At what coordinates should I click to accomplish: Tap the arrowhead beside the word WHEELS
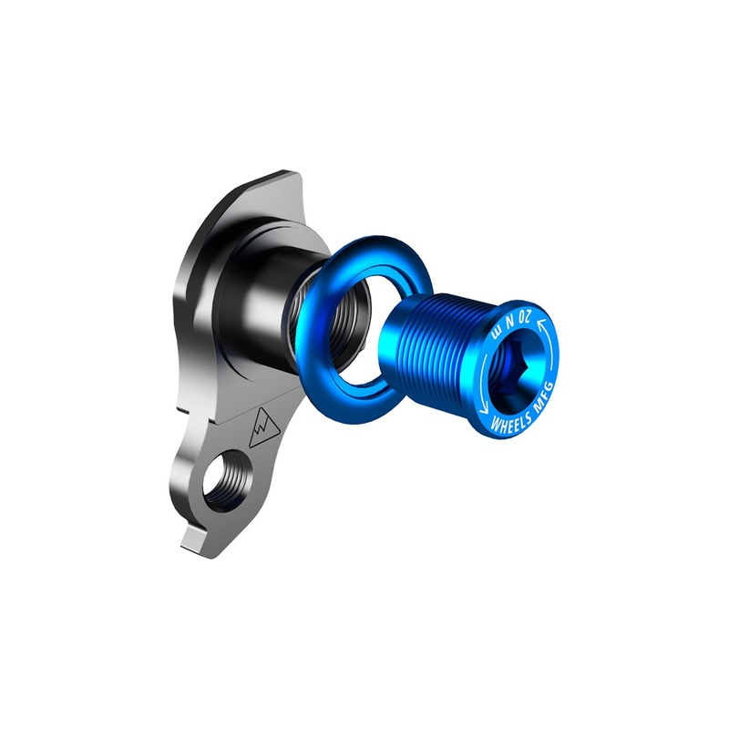[484, 408]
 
